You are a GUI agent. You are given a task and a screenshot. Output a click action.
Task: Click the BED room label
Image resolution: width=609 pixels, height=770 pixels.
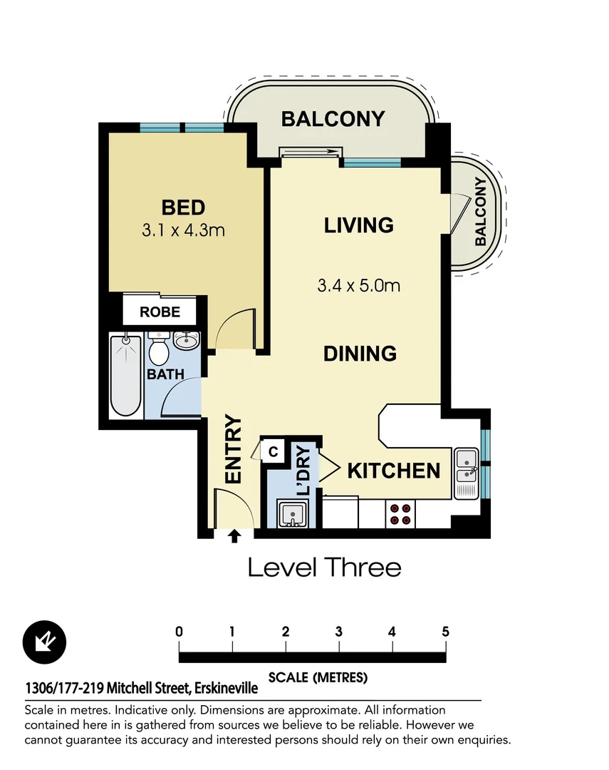183,207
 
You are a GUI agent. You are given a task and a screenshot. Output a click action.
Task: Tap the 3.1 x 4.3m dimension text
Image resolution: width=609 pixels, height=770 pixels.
183,230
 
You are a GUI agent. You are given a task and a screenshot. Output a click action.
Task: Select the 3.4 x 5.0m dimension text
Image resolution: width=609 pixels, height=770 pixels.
358,286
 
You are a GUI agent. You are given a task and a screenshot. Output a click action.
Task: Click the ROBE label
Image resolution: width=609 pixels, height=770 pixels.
160,312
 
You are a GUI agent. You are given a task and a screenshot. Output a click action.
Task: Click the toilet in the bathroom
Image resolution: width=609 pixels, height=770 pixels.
158,350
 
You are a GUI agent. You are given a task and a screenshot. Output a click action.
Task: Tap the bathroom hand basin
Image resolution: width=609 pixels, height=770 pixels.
186,341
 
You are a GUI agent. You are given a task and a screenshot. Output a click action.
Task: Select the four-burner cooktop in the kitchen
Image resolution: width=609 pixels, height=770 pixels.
400,514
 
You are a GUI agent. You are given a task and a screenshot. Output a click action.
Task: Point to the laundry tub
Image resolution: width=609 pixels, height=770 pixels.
293,514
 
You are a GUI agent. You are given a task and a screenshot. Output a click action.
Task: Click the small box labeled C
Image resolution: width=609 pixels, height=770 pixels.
274,451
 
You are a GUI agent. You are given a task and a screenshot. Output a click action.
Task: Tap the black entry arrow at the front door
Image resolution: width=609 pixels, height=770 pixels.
234,535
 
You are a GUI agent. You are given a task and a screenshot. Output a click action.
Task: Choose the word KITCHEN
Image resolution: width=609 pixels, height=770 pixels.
393,471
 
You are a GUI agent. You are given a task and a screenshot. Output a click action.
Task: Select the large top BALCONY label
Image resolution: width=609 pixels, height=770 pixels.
333,118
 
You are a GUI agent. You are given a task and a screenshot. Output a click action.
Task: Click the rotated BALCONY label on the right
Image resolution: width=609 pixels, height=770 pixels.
481,212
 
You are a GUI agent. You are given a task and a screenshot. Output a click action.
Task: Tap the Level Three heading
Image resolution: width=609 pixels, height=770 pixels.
324,568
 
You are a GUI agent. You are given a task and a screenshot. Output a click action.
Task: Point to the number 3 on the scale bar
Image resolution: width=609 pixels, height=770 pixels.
339,632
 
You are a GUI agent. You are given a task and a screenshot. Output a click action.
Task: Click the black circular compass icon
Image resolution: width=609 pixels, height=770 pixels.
44,641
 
